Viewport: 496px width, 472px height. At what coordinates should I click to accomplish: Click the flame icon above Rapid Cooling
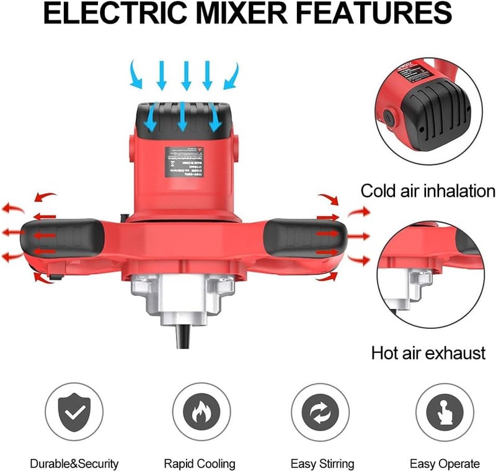pyautogui.click(x=200, y=413)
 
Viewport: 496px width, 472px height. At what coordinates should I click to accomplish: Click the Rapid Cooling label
pyautogui.click(x=200, y=463)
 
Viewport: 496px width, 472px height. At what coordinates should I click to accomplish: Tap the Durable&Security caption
pyautogui.click(x=74, y=463)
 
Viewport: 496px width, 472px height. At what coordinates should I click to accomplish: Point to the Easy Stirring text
pyautogui.click(x=322, y=463)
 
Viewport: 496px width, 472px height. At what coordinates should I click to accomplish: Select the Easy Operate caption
pyautogui.click(x=445, y=463)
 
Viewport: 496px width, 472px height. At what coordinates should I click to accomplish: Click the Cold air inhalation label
pyautogui.click(x=428, y=191)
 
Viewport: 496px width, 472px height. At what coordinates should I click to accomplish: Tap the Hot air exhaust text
pyautogui.click(x=428, y=354)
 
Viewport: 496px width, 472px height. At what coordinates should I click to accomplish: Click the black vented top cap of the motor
pyautogui.click(x=184, y=118)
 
